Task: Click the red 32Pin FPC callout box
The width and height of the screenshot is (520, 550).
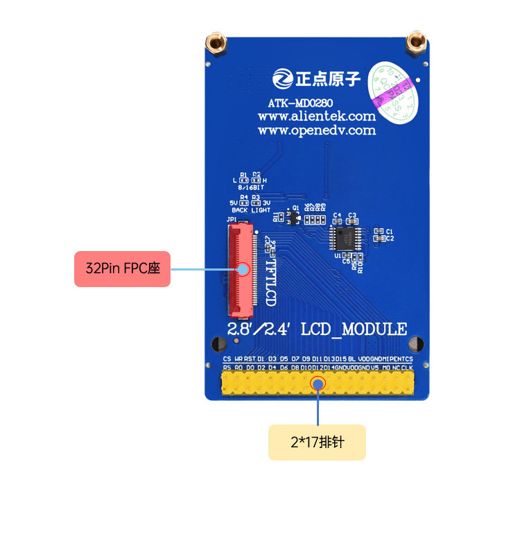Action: pyautogui.click(x=122, y=268)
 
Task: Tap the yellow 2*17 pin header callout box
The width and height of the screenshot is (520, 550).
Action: pyautogui.click(x=317, y=442)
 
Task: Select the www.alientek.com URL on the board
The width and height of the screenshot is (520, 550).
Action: pyautogui.click(x=317, y=117)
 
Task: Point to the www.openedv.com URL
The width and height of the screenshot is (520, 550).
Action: pyautogui.click(x=317, y=130)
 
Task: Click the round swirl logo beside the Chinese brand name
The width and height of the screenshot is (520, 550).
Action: pyautogui.click(x=282, y=78)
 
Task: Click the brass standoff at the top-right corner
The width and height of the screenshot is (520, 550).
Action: pyautogui.click(x=416, y=43)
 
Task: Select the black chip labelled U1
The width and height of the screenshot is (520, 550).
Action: pyautogui.click(x=345, y=238)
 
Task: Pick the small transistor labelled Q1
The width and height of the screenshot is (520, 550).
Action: pyautogui.click(x=295, y=216)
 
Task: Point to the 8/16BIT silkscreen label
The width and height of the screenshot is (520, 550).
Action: pyautogui.click(x=250, y=187)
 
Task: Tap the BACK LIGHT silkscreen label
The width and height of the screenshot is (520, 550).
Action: pyautogui.click(x=251, y=209)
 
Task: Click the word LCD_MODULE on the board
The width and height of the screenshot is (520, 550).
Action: pyautogui.click(x=354, y=329)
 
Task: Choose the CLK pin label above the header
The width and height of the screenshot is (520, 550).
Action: pyautogui.click(x=408, y=367)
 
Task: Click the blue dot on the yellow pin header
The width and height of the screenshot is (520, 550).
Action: pyautogui.click(x=318, y=383)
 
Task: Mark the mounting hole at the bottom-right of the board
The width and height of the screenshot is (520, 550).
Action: pyautogui.click(x=416, y=343)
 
